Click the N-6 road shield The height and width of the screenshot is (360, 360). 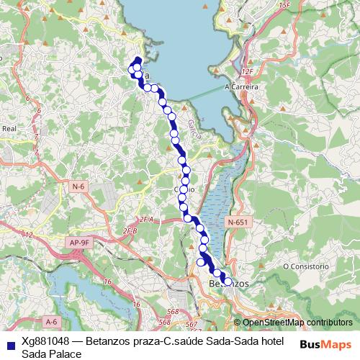78,186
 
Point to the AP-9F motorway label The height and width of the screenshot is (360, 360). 80,243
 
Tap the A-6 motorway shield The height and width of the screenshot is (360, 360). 50,321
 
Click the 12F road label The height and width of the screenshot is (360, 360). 248,72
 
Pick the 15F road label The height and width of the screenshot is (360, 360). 284,6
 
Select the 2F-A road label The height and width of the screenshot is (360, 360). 147,218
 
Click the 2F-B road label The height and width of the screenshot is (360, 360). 130,230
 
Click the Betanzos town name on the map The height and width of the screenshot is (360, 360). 228,284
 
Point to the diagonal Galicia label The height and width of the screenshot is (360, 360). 193,128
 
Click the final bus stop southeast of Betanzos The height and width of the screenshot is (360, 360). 223,280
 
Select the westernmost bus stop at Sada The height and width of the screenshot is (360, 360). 132,70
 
